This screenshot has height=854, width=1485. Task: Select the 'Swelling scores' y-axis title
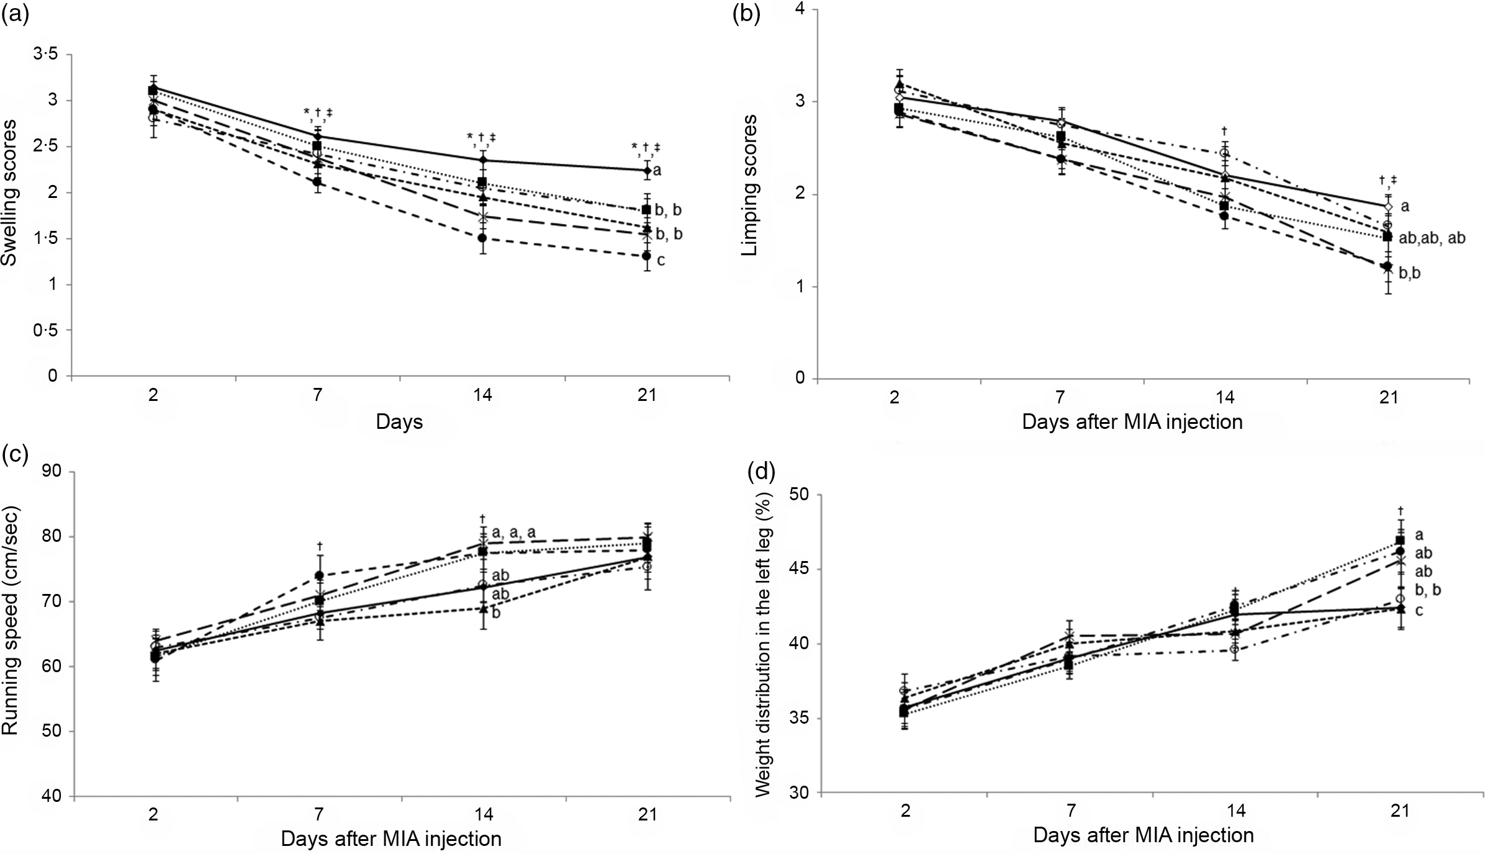9,192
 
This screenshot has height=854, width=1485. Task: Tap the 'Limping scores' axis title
750,185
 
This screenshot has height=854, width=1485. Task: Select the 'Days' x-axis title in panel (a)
399,422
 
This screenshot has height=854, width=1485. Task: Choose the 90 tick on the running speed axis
53,472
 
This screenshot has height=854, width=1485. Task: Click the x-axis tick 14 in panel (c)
483,814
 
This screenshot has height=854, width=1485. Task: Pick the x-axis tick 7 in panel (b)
1060,397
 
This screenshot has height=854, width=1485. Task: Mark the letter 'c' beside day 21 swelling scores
661,261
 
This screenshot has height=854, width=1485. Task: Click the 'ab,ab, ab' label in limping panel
1432,238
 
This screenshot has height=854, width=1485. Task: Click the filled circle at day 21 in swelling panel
646,256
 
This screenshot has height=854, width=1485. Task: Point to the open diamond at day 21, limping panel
1388,207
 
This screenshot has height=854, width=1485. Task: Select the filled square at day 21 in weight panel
1400,541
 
